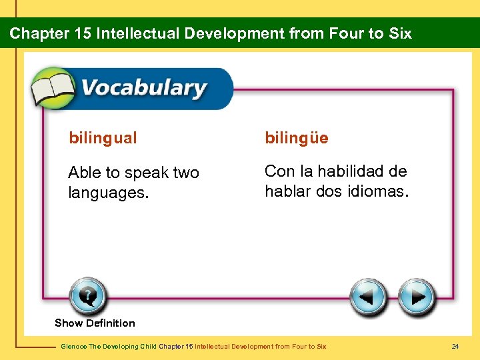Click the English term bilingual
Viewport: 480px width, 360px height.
tap(103, 139)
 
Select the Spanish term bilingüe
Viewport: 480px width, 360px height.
tap(297, 138)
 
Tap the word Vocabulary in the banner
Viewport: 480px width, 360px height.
tap(143, 89)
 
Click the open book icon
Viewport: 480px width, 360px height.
tap(54, 89)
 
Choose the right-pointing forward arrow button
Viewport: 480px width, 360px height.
tap(417, 297)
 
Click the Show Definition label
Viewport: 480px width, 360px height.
tap(95, 323)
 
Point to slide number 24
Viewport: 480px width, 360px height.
tap(455, 347)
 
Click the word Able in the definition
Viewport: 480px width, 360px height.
tap(84, 173)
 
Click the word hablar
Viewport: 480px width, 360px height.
tap(287, 191)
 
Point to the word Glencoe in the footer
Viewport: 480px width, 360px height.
tap(71, 347)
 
